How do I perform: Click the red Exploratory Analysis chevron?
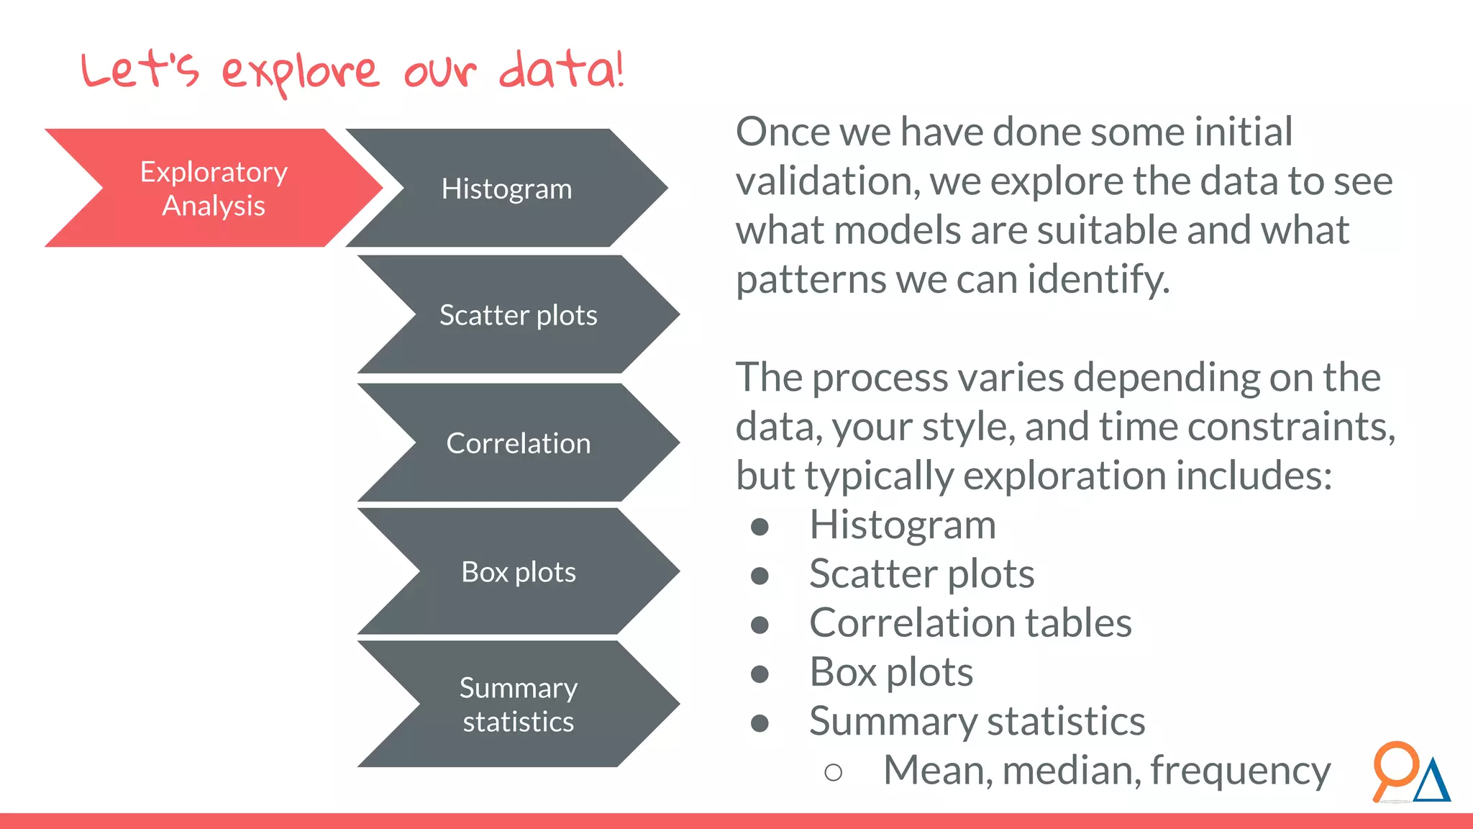click(214, 189)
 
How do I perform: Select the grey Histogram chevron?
click(506, 189)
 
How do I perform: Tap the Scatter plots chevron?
click(518, 315)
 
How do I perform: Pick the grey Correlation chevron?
click(518, 443)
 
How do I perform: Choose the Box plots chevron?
click(518, 572)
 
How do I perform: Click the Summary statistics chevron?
click(518, 705)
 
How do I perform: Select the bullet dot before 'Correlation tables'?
click(760, 625)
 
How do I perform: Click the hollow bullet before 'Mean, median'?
click(833, 773)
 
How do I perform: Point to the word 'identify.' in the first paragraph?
click(1098, 279)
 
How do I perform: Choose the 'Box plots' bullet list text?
click(891, 672)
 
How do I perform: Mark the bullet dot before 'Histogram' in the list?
click(760, 527)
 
